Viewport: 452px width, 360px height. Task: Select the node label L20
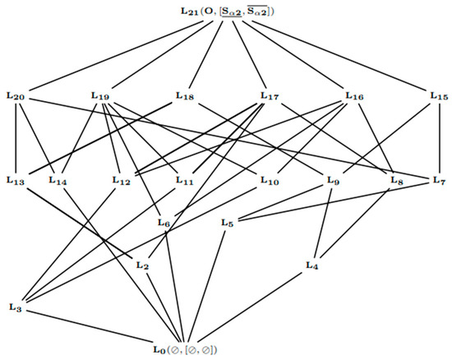pyautogui.click(x=16, y=97)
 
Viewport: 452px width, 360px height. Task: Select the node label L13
pyautogui.click(x=16, y=180)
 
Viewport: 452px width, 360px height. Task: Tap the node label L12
pyautogui.click(x=122, y=180)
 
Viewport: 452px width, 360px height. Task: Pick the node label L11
pyautogui.click(x=185, y=180)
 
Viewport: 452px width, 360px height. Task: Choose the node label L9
pyautogui.click(x=333, y=180)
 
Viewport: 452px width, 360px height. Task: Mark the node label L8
pyautogui.click(x=397, y=180)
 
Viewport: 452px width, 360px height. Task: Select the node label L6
pyautogui.click(x=164, y=223)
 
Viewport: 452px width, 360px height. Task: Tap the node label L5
pyautogui.click(x=228, y=223)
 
